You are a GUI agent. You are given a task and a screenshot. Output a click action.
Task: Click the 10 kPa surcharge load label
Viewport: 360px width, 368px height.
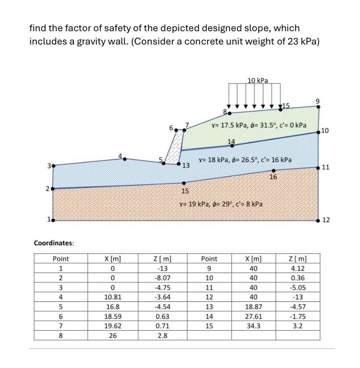click(x=257, y=80)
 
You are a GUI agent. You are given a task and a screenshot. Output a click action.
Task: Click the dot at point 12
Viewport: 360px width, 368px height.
click(x=319, y=220)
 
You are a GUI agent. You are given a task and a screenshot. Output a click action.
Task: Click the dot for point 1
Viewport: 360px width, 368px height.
click(x=53, y=220)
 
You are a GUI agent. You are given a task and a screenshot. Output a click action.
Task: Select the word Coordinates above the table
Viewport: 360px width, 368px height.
click(x=54, y=242)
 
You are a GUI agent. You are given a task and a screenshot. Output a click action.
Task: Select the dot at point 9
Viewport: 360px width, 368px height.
click(x=319, y=107)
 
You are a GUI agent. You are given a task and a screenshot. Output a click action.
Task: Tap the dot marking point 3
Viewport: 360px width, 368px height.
click(x=53, y=166)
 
